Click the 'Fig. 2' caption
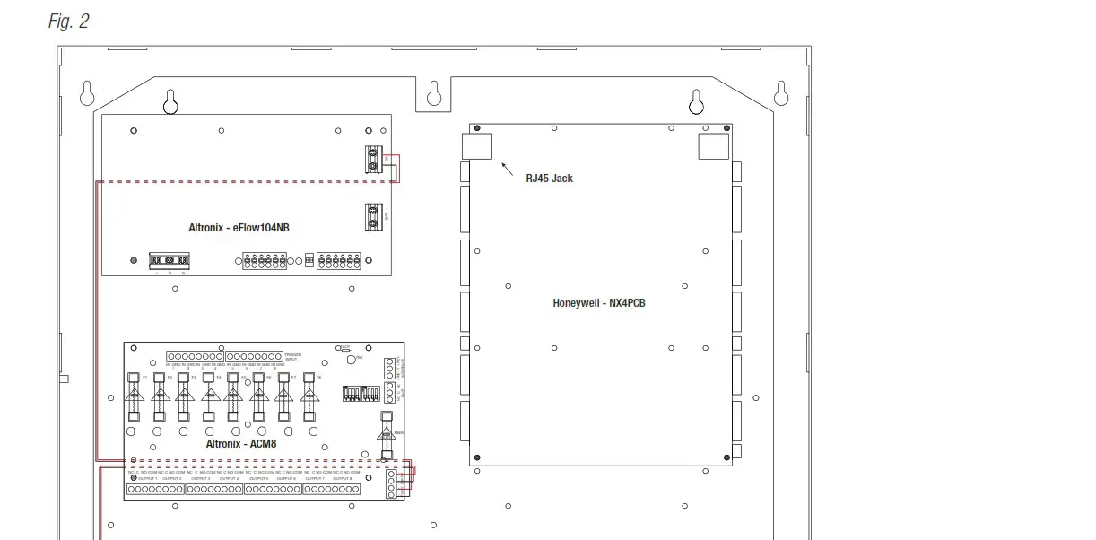coord(68,22)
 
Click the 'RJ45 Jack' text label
coord(549,179)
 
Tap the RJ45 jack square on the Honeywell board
coord(476,146)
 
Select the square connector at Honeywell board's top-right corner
coord(714,146)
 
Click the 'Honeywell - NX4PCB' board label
coord(598,303)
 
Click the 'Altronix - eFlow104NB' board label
coord(239,228)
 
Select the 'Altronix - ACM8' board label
coord(241,444)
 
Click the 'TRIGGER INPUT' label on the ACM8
coord(293,357)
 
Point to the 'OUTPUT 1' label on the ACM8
coord(147,479)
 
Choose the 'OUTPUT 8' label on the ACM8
coord(342,479)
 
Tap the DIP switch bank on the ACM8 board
coord(357,394)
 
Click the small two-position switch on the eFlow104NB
coord(309,261)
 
